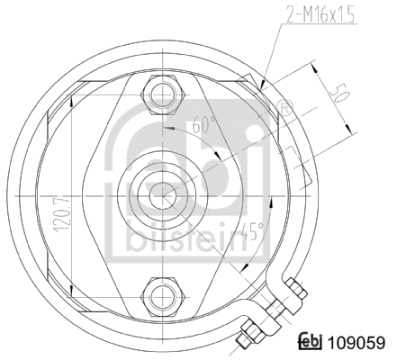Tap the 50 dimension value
click(339, 95)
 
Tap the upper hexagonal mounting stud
click(163, 93)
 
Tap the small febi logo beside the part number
click(311, 342)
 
